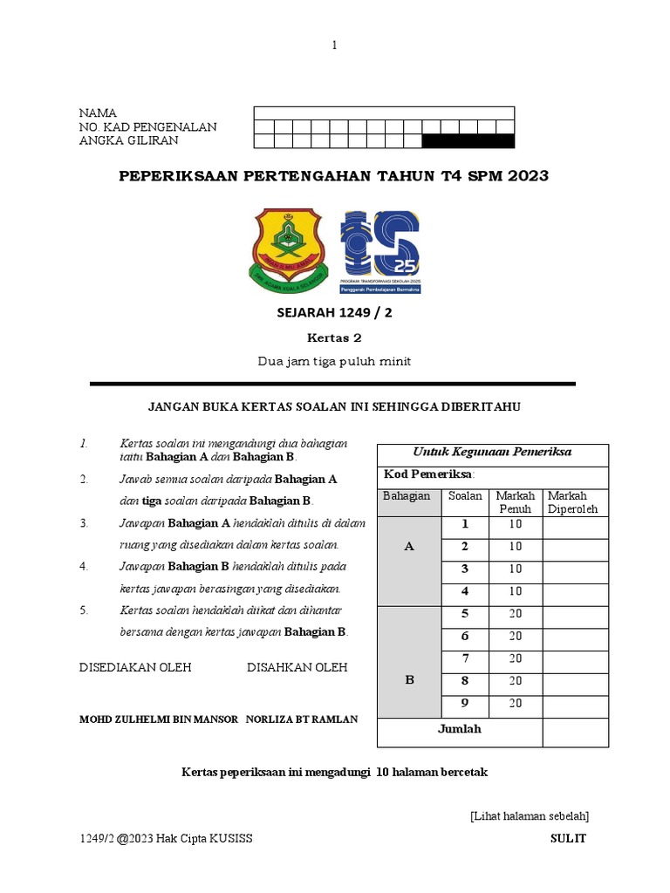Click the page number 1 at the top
tap(334, 45)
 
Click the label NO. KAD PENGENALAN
tap(147, 127)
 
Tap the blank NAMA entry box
tap(384, 113)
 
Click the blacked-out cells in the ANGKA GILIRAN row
tap(468, 141)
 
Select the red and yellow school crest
tap(287, 250)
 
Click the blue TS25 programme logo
tap(380, 252)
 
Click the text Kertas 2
tap(333, 337)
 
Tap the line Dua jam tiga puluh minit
tap(334, 361)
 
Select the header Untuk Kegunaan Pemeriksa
tap(492, 452)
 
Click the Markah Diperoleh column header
tap(572, 502)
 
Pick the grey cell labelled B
tap(409, 680)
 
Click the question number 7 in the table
tap(465, 658)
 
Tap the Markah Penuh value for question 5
tap(516, 614)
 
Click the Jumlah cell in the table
tap(460, 729)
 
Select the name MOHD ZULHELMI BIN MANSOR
tap(158, 719)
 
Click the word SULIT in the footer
tap(568, 838)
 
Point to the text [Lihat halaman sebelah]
tap(529, 816)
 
